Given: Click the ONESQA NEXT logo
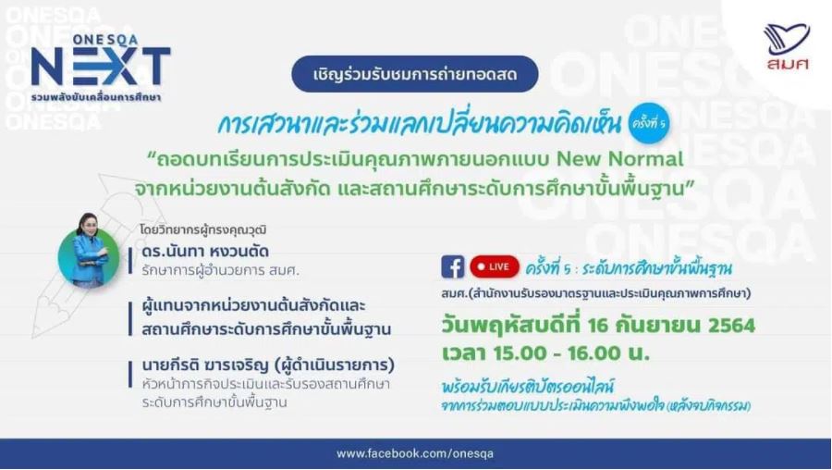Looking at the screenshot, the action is (101, 68).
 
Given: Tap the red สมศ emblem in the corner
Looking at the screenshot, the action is (787, 47).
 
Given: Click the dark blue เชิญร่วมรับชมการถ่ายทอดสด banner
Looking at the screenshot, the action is (415, 74).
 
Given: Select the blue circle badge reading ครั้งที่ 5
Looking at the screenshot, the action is (648, 123).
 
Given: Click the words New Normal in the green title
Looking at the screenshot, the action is (619, 159).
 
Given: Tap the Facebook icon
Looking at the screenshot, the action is (453, 266).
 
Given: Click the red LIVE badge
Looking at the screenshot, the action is (494, 266).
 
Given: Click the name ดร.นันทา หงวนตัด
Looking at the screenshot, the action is (205, 251).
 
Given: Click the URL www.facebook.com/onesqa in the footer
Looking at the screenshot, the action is (415, 453).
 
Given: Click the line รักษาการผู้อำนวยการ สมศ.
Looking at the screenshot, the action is (220, 270).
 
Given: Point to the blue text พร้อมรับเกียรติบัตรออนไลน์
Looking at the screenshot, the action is (528, 386).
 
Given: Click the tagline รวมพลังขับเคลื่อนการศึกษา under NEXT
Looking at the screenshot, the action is (96, 97).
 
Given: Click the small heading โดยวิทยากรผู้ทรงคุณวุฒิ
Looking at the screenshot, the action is (203, 230).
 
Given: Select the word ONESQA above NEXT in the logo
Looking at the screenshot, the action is (105, 40).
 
